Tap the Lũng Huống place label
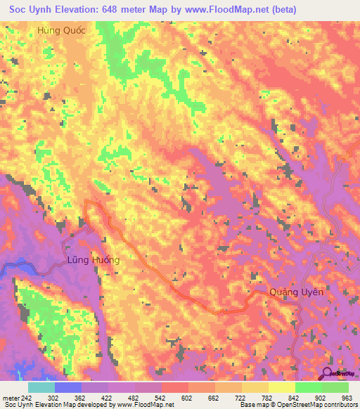pos(94,260)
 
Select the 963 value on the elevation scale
pos(345,397)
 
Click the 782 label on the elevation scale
pos(255,397)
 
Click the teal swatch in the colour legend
pos(41,387)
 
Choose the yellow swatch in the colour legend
pos(282,387)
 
